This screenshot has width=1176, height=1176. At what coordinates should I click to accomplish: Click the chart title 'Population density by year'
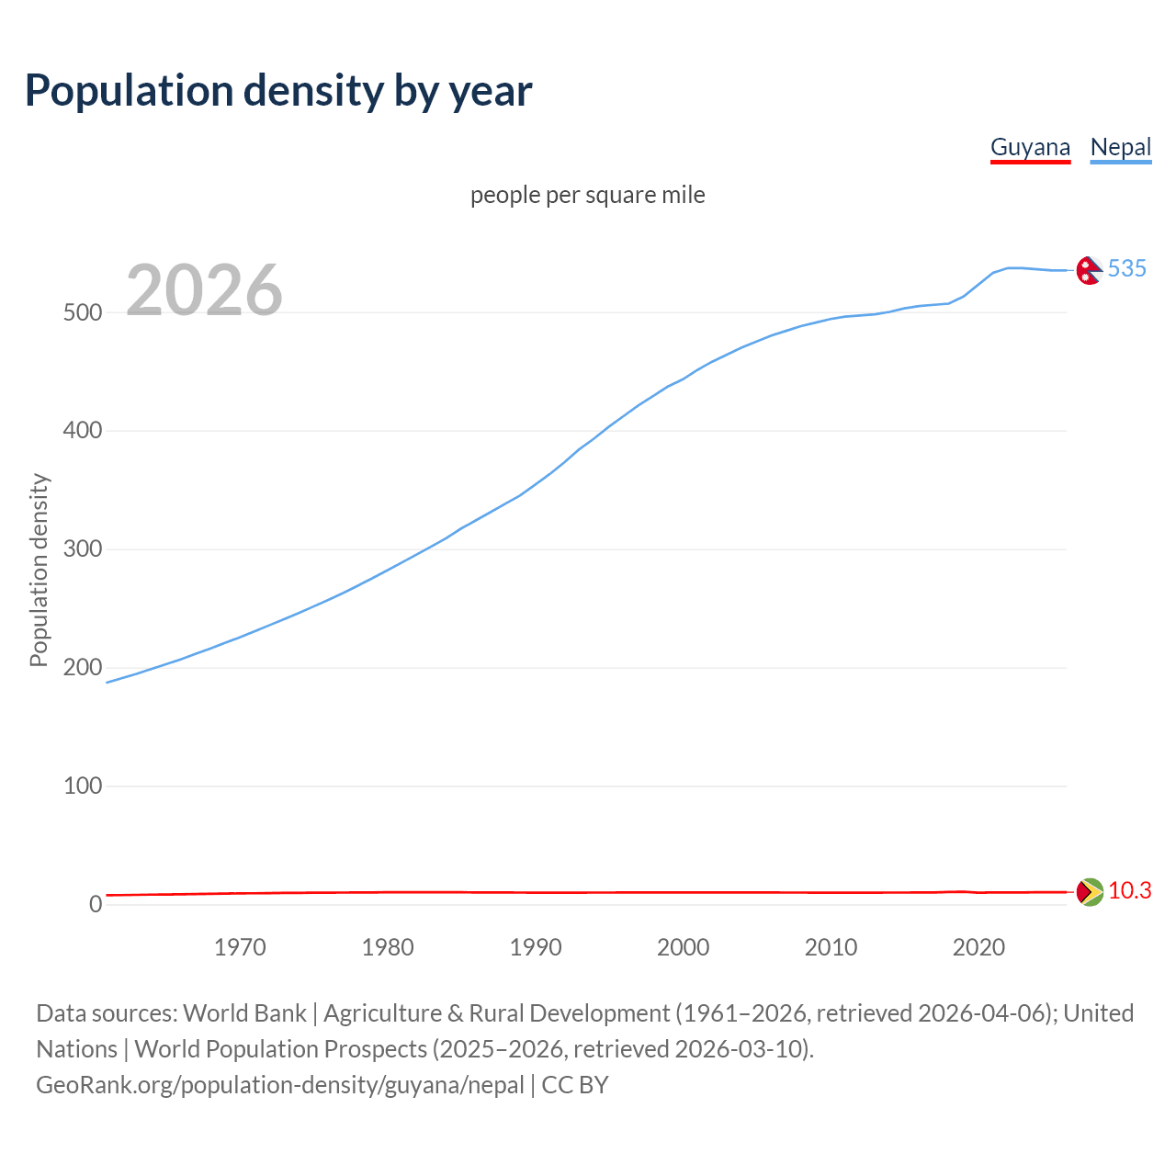coord(278,90)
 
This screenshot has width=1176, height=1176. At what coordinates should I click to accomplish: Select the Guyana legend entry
coord(1030,147)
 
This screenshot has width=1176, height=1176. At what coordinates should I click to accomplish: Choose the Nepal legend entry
coord(1120,147)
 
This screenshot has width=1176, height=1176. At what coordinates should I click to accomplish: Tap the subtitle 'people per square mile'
coord(587,195)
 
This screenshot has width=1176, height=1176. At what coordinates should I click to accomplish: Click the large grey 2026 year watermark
coord(204,290)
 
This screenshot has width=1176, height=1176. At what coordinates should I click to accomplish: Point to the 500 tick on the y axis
coord(82,312)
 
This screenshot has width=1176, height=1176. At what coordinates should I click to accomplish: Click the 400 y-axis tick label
coord(82,431)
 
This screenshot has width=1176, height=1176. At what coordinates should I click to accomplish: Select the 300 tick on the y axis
coord(82,549)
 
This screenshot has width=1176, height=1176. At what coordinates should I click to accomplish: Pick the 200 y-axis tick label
coord(82,668)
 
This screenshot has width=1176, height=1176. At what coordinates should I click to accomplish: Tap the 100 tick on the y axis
coord(82,786)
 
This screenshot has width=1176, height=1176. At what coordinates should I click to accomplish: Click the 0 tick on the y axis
coord(96,904)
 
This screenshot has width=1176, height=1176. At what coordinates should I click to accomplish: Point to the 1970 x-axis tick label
coord(240,947)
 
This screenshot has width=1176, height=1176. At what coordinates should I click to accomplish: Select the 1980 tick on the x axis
coord(388,947)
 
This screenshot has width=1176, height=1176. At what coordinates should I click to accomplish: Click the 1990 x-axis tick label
coord(536,947)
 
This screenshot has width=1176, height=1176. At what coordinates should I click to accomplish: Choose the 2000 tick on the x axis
coord(683,947)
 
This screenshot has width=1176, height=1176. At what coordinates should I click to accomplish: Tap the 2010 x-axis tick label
coord(831,947)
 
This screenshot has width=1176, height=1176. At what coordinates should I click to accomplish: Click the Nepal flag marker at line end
coord(1090,270)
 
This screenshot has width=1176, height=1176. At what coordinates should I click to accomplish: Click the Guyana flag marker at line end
coord(1090,892)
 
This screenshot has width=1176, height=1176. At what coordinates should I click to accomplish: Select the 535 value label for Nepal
coord(1126,268)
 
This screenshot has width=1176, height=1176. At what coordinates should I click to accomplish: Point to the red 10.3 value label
coord(1129,891)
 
